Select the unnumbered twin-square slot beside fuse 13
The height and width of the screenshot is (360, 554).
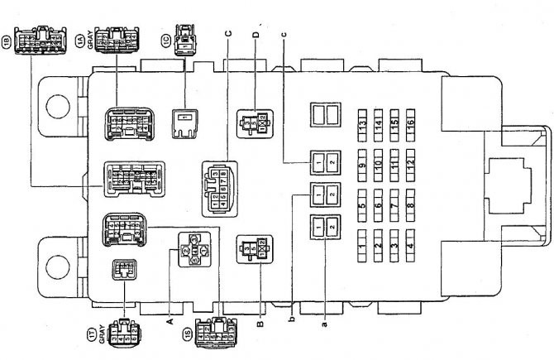tap(320, 115)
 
